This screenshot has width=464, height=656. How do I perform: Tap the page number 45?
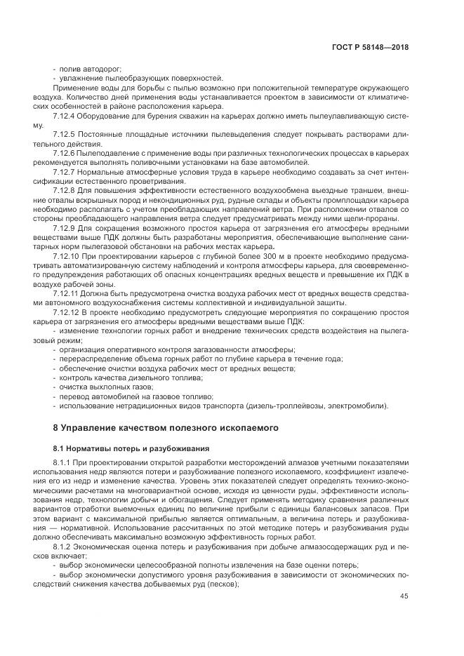pos(404,596)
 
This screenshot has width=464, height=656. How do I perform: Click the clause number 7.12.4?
pos(66,114)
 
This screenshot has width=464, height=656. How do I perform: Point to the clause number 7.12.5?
pos(66,133)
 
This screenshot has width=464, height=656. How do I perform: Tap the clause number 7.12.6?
pos(66,152)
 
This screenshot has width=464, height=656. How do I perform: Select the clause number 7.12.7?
pos(66,170)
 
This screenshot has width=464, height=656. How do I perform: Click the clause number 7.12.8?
pos(66,189)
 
